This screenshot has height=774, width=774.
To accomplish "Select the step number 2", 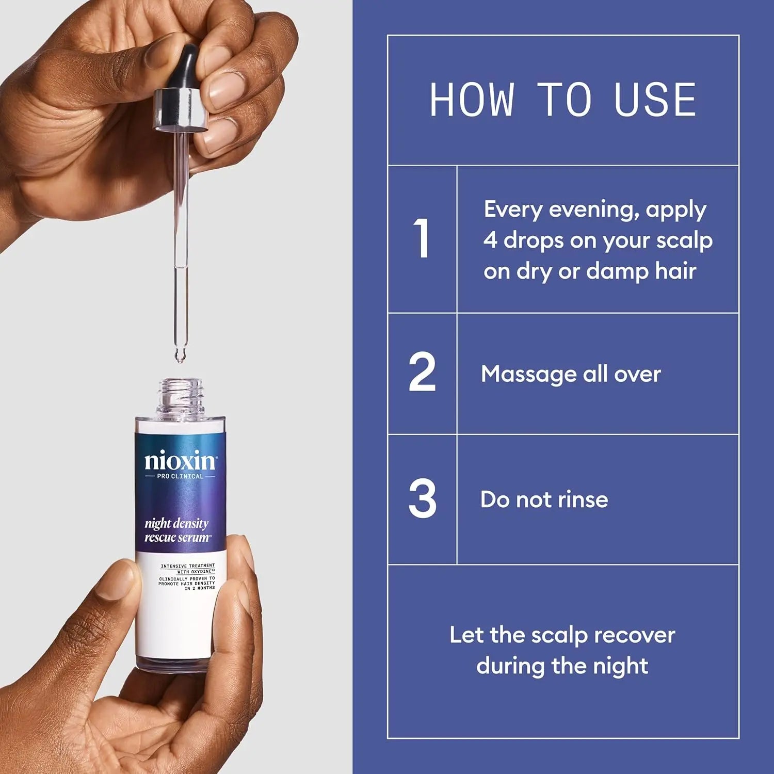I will click(422, 372).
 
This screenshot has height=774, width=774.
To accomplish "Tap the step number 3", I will click(422, 498).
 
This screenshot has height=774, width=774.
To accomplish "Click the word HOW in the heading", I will click(472, 100).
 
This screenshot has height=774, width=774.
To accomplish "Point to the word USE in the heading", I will click(655, 100).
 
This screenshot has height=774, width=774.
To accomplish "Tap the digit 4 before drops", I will click(490, 240).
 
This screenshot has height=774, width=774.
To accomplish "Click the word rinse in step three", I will click(583, 499).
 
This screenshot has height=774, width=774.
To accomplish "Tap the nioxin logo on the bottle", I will click(180, 460).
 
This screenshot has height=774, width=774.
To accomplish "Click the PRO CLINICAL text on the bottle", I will click(180, 476).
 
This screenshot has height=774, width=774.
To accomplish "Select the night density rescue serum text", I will click(177, 530).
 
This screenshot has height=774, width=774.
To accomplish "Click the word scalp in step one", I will click(684, 240).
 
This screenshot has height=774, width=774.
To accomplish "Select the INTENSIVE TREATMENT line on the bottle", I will click(187, 566).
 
